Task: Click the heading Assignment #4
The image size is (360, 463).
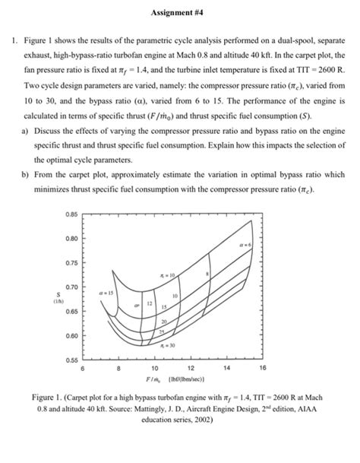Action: [179, 13]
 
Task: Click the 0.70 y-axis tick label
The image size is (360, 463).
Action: [72, 287]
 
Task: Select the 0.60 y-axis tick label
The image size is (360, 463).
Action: [72, 335]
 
